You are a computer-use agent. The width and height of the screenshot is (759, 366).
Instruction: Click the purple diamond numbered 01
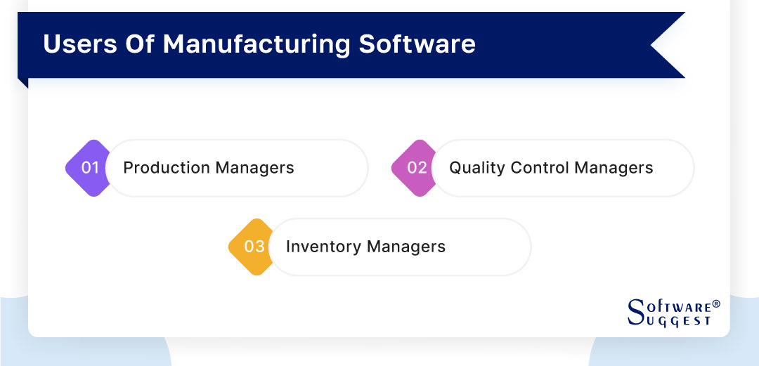(89, 168)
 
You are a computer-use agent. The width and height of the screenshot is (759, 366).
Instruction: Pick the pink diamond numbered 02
(415, 168)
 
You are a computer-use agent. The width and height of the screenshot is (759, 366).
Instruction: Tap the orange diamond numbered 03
(252, 247)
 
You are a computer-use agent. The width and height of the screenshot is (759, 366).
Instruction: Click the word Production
(167, 168)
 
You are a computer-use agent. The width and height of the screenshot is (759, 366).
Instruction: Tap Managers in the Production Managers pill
(255, 168)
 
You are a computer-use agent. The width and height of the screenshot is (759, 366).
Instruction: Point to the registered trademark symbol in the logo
(716, 305)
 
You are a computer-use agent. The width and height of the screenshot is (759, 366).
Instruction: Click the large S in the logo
(635, 313)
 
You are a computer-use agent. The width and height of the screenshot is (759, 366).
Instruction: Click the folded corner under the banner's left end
(22, 83)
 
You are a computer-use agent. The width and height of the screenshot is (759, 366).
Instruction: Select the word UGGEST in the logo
(679, 320)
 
